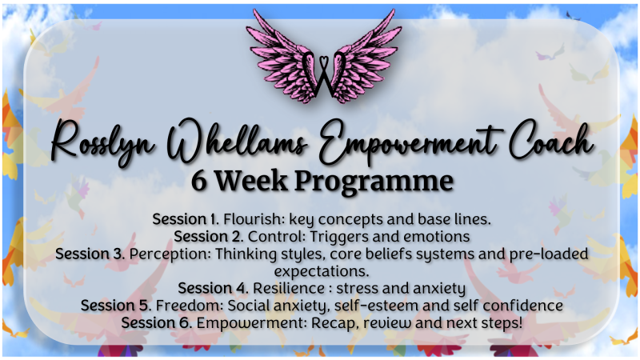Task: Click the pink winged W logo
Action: (x=322, y=57)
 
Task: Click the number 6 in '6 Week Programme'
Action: (x=198, y=181)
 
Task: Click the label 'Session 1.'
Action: (x=186, y=219)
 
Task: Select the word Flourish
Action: (x=254, y=219)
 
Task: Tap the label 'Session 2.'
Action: (x=209, y=236)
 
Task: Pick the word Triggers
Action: (x=338, y=237)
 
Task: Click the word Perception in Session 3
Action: (x=170, y=254)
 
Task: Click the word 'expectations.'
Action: (x=322, y=272)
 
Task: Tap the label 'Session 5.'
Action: (x=116, y=306)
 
